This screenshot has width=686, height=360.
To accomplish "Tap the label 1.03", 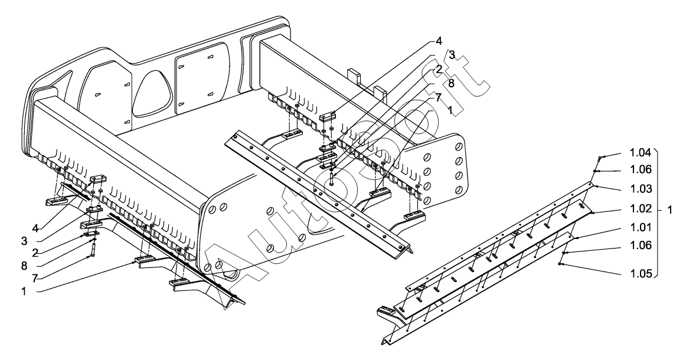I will [x=640, y=189].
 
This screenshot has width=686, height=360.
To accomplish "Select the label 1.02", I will [x=640, y=210].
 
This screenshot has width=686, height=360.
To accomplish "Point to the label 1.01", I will [x=640, y=227].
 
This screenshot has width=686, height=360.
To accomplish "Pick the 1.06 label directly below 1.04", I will [x=640, y=169].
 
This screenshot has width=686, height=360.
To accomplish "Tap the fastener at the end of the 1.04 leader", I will [x=600, y=158].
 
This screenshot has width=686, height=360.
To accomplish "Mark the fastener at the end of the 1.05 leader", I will [x=561, y=264].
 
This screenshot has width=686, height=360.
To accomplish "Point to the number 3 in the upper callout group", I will [x=451, y=54].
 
